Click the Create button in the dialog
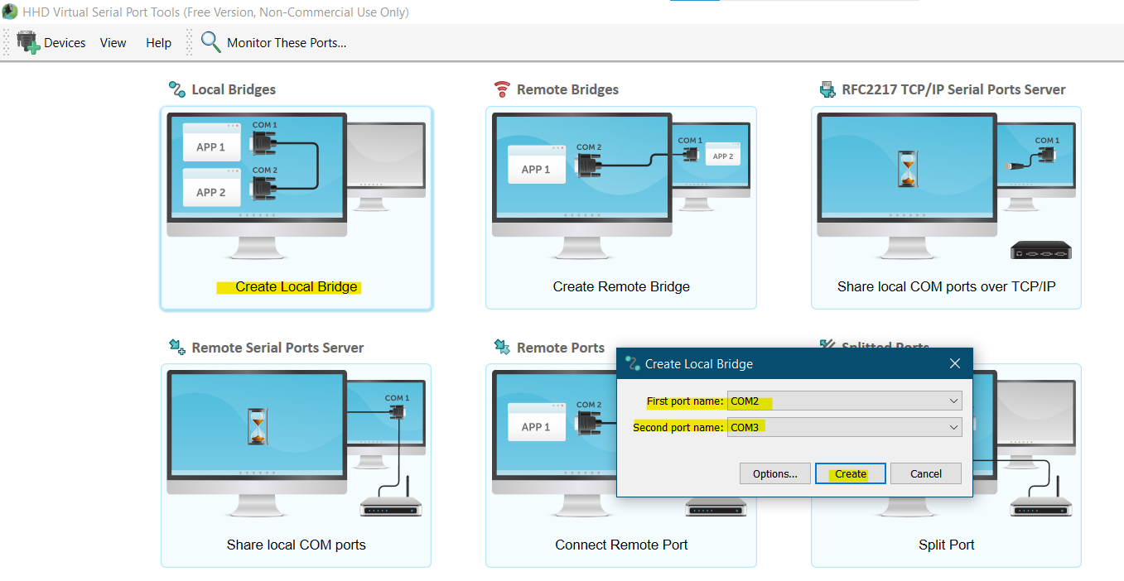[x=850, y=473]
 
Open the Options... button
[x=774, y=473]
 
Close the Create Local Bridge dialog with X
[x=955, y=363]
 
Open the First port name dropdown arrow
[x=953, y=401]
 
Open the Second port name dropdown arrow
[x=953, y=428]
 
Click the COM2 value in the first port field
[x=745, y=401]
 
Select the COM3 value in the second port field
[x=745, y=428]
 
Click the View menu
[x=113, y=42]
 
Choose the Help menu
[x=158, y=42]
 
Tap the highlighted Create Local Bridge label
[x=296, y=286]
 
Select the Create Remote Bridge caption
[x=621, y=286]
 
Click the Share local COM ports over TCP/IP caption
[x=947, y=286]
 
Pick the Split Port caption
[x=947, y=545]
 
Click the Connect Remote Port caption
[x=621, y=545]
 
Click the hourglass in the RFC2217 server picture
[x=908, y=169]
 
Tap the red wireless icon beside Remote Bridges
[x=502, y=89]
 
